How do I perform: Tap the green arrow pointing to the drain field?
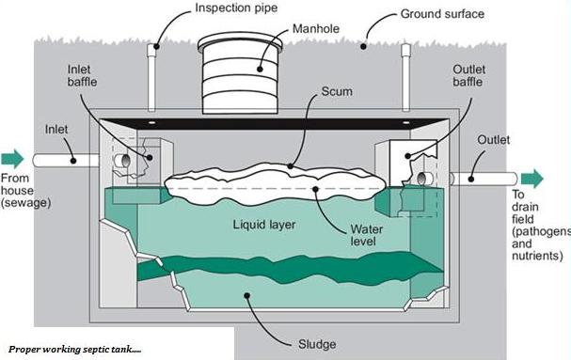[531, 179]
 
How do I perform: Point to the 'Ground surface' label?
[443, 14]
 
